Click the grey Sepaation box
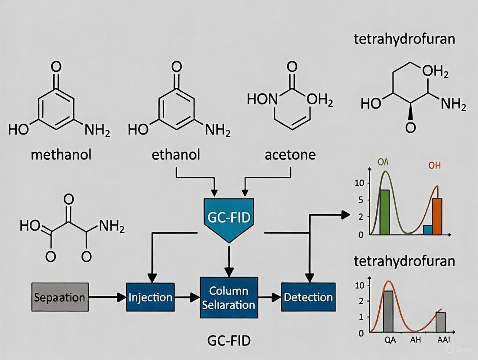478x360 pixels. click(x=60, y=297)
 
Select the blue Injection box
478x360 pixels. click(x=150, y=297)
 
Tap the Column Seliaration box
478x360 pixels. click(x=229, y=298)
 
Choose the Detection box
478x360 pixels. click(x=308, y=297)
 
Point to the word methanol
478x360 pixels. click(x=61, y=155)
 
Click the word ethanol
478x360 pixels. click(x=176, y=155)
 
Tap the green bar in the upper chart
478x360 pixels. click(x=384, y=212)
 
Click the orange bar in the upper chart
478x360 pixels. click(x=437, y=216)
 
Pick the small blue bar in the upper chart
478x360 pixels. click(x=427, y=230)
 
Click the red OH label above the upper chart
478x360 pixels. click(x=434, y=165)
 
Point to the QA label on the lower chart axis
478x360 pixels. click(x=390, y=340)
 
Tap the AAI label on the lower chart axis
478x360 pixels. click(x=442, y=340)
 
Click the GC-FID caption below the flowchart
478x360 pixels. click(x=229, y=341)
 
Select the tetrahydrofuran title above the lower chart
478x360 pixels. click(x=404, y=261)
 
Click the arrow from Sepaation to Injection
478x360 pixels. click(x=107, y=297)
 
